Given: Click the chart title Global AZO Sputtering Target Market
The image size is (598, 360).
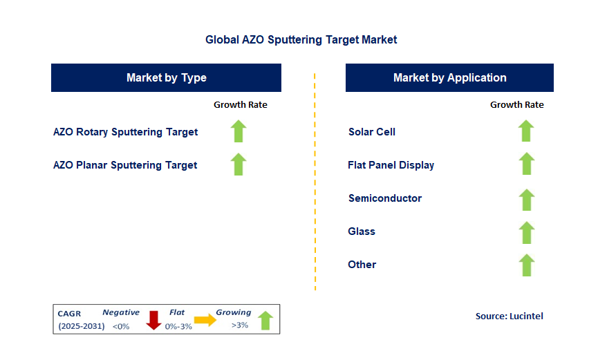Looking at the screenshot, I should point(301,40).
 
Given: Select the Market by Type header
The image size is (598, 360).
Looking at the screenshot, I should point(166,77).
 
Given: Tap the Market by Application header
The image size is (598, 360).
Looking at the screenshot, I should point(449,77).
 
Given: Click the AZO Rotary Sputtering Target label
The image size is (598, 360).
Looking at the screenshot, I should point(125,132).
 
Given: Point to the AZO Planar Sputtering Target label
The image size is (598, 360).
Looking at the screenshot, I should point(125,165).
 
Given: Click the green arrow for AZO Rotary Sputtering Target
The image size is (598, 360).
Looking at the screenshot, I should point(239,131).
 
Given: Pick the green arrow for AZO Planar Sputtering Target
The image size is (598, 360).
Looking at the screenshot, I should point(239,164).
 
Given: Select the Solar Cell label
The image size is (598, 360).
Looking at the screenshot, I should point(372,132).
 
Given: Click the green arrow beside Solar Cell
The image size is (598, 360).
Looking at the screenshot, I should point(526,131).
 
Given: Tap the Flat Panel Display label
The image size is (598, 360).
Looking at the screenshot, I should point(391,165).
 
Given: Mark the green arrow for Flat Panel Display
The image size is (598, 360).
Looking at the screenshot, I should point(526,164).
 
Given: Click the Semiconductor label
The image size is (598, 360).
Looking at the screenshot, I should point(385,198).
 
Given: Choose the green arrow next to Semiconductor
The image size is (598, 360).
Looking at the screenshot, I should point(526,200).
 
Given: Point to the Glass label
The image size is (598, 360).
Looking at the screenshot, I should point(362,231).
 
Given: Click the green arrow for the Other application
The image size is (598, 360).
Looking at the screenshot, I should point(526,265).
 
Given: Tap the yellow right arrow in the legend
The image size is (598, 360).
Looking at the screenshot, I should point(205,320).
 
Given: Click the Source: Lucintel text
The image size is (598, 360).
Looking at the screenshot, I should point(509,316).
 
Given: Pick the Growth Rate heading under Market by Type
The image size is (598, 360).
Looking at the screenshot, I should point(240,105).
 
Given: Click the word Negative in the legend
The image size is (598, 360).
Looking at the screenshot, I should point(121,312).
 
